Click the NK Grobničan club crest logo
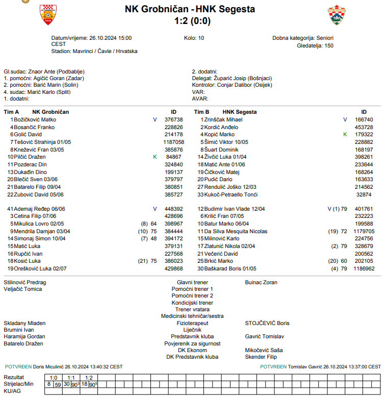[48, 15]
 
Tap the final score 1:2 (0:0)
[192, 21]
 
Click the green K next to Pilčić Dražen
[155, 157]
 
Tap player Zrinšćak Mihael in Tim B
[223, 119]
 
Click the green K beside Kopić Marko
[345, 134]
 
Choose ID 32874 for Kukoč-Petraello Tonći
[364, 194]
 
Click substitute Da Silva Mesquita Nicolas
[236, 231]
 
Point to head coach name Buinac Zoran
[261, 282]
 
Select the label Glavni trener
[192, 282]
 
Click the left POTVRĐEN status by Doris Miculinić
[18, 366]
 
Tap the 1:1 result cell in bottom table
[71, 377]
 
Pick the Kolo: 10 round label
[194, 38]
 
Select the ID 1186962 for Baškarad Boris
[365, 268]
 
